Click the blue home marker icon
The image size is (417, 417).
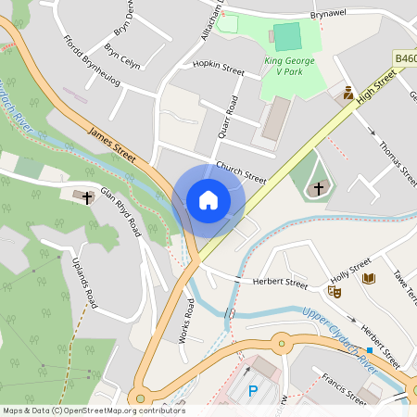tap(208, 200)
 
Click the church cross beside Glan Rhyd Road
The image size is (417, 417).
tap(88, 197)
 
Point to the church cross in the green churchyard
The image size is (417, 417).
tap(318, 188)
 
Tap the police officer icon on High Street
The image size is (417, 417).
tap(348, 93)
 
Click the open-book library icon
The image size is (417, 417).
tap(369, 278)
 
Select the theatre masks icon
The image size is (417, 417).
tap(335, 291)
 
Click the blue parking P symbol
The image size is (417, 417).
tap(253, 392)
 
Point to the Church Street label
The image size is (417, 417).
tap(241, 172)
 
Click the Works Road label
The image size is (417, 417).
tap(186, 321)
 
